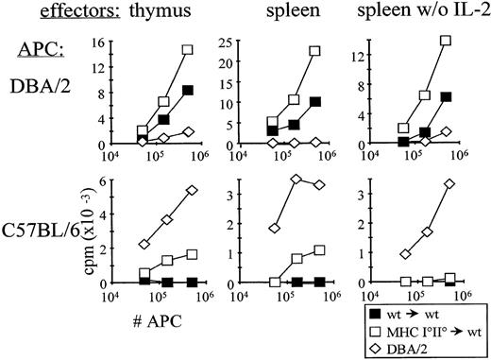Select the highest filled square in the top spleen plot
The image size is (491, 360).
pos(315,101)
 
